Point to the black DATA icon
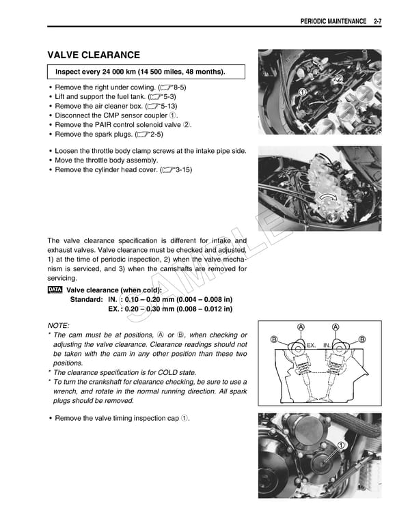tap(55, 290)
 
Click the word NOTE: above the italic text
tap(58, 325)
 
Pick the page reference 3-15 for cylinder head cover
tap(182, 169)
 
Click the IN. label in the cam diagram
tap(327, 346)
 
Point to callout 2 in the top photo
tap(338, 79)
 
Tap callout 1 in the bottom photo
tap(341, 445)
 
